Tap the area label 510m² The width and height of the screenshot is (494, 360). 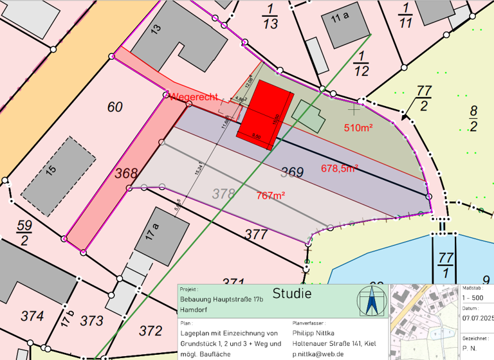(359, 127)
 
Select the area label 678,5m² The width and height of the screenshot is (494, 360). (339, 168)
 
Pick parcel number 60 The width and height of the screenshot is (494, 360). (114, 107)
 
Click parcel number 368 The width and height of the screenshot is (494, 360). (126, 173)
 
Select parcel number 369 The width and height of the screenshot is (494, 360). (292, 172)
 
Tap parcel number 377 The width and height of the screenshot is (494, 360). (256, 234)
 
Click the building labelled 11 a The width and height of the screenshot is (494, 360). (342, 18)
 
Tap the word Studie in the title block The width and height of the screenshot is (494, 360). (293, 294)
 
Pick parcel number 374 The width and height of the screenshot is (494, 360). (32, 316)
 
